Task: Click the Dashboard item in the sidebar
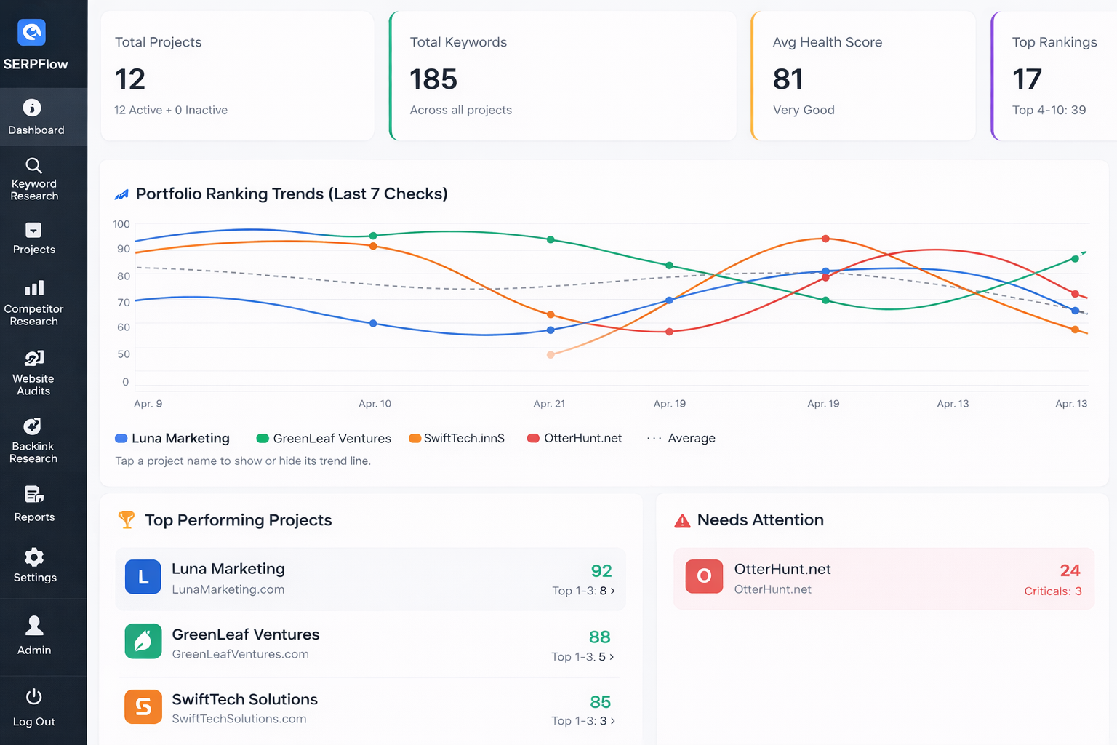point(35,118)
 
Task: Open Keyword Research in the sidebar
point(34,179)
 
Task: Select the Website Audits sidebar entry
point(33,373)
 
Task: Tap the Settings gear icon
point(34,557)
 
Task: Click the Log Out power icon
point(34,697)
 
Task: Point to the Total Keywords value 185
point(433,79)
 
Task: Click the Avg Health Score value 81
point(788,79)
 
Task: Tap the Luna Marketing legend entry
point(173,438)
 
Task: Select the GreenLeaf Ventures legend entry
point(324,438)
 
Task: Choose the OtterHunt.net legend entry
point(574,438)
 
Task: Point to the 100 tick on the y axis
point(121,224)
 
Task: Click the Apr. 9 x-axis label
point(148,404)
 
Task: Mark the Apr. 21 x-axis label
point(549,404)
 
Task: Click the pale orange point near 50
point(551,355)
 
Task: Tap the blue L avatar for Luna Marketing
point(143,577)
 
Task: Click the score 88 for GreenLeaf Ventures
point(600,637)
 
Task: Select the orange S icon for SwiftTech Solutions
point(143,706)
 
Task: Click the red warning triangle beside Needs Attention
point(682,521)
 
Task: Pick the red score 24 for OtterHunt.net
point(1070,570)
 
